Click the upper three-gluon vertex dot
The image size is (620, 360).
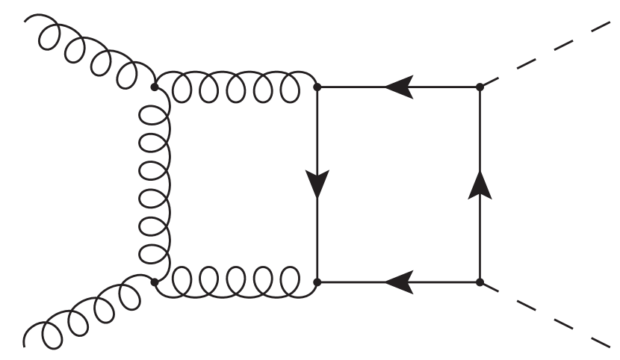tap(155, 87)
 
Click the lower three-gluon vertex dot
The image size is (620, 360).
tap(155, 282)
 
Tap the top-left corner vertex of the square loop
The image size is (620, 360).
tap(317, 87)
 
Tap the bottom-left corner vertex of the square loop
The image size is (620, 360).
tap(317, 282)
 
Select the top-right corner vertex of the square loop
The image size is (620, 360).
tap(480, 87)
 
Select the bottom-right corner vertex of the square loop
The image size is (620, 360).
tap(480, 282)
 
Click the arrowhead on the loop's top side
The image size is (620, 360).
tap(398, 87)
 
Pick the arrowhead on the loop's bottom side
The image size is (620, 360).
tap(398, 282)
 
